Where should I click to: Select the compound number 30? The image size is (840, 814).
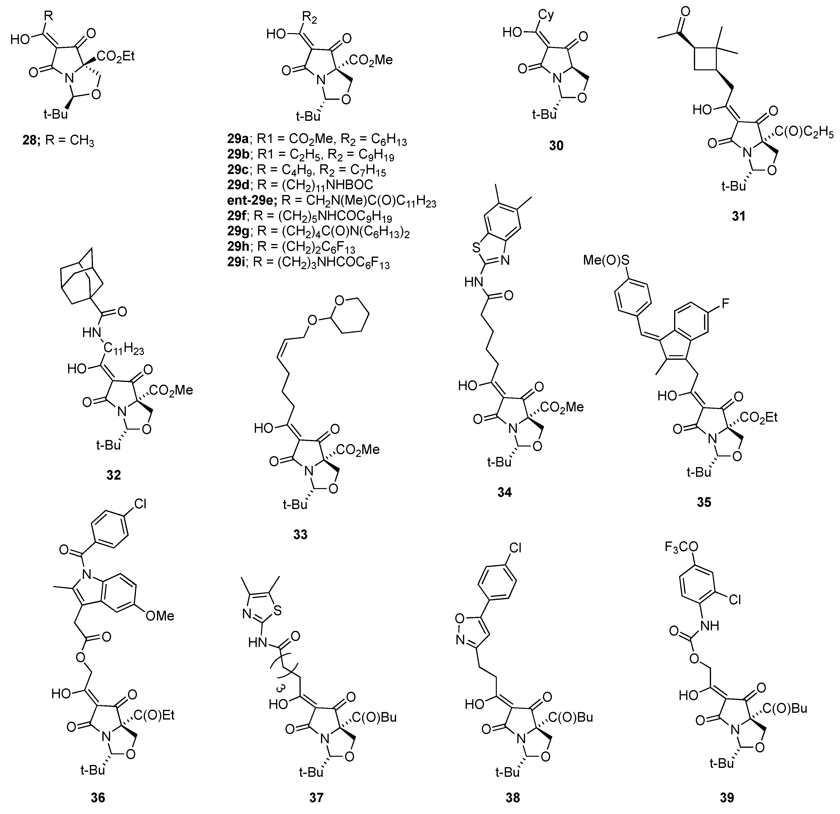pyautogui.click(x=556, y=146)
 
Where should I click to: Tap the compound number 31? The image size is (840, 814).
pyautogui.click(x=738, y=216)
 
